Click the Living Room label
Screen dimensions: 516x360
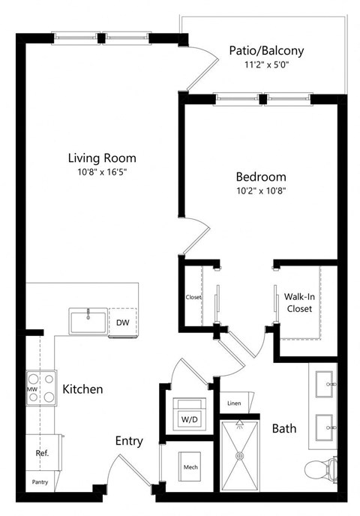[x=102, y=158]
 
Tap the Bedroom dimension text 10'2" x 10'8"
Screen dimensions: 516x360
[x=261, y=190]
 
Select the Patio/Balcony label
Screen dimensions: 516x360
[x=266, y=51]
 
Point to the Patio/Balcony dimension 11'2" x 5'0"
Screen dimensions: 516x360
[x=266, y=64]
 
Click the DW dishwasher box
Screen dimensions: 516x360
[x=122, y=322]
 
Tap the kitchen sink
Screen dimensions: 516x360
[x=88, y=321]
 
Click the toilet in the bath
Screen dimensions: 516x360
[x=320, y=470]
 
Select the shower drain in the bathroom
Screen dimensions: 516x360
[x=240, y=455]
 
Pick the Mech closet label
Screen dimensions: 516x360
[x=190, y=469]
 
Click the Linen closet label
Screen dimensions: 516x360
[x=234, y=403]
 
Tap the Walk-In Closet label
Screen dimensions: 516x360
[x=299, y=302]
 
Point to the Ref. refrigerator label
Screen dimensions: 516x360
[x=42, y=454]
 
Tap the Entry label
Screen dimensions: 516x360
[x=129, y=441]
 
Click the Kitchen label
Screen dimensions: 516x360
[x=82, y=390]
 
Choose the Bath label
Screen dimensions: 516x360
[x=284, y=429]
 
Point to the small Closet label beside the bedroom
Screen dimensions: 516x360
[x=193, y=297]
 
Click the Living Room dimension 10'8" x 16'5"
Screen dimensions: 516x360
[x=102, y=172]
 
